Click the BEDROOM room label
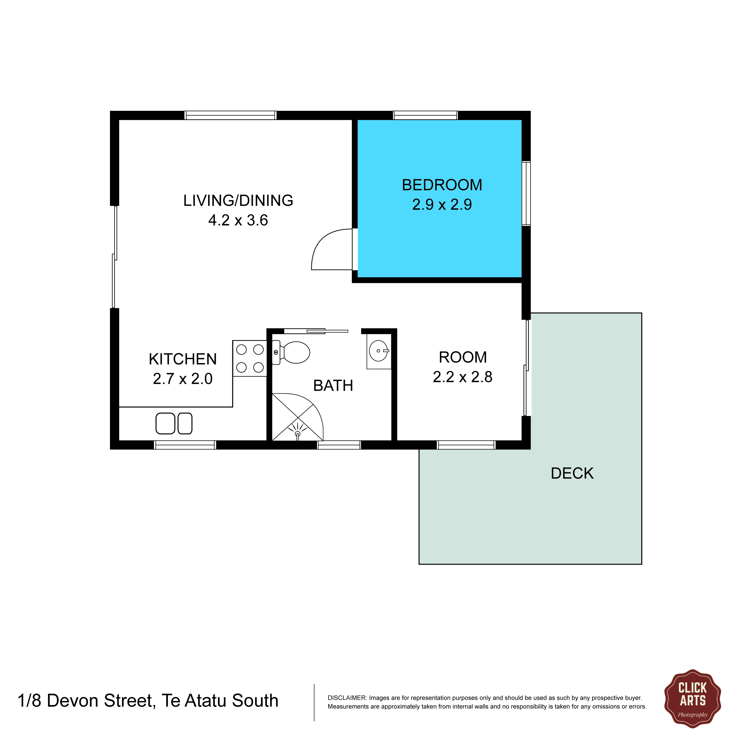[442, 185]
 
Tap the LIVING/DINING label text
[238, 201]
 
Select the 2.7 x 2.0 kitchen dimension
[183, 379]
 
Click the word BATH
[333, 386]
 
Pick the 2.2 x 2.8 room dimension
[463, 377]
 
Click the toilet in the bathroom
[291, 352]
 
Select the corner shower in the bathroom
[298, 417]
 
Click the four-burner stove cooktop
[250, 358]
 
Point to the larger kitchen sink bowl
[165, 424]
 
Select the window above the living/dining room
[230, 115]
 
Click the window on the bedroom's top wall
[426, 115]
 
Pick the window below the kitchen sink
[185, 445]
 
